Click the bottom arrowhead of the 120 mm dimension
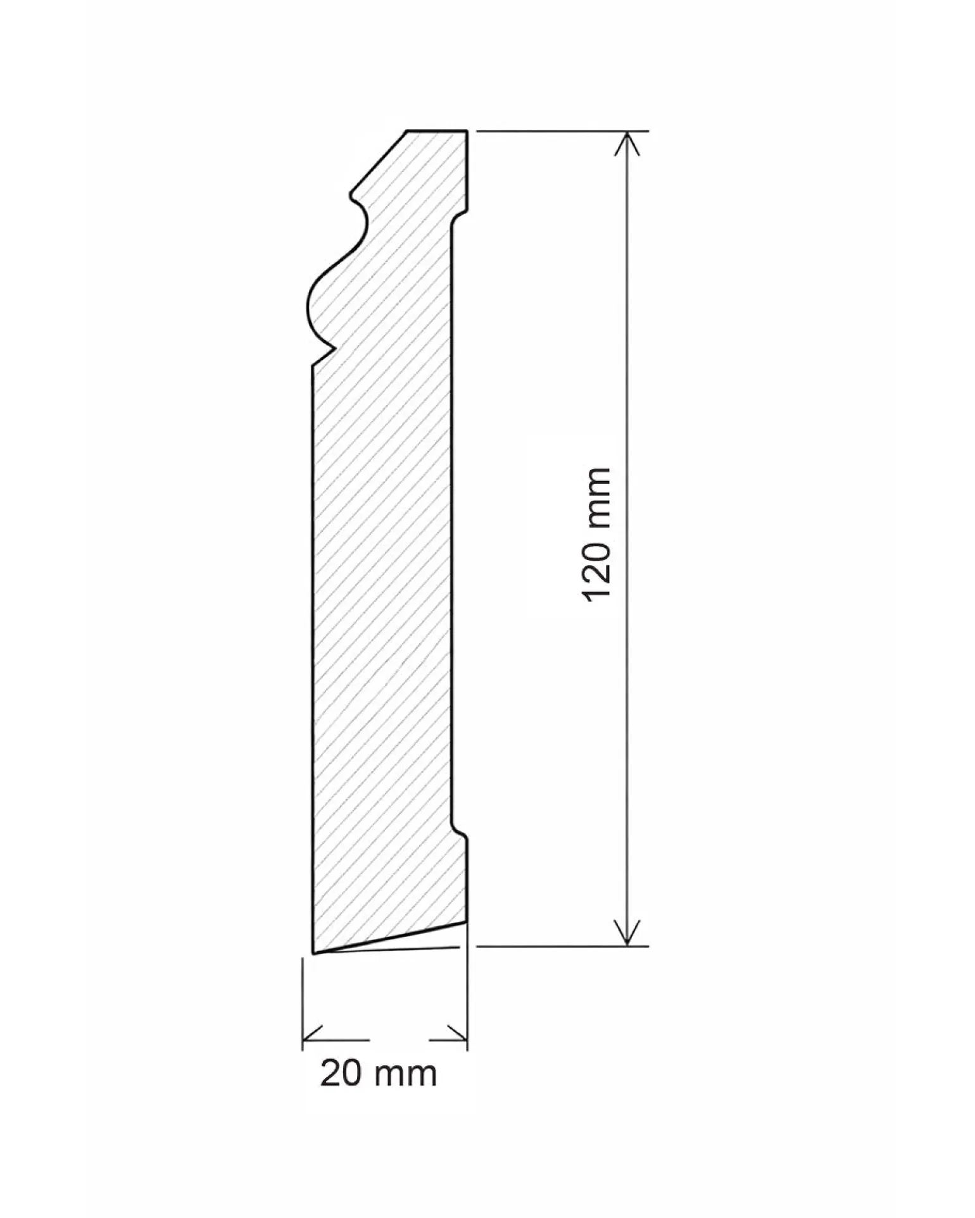click(627, 934)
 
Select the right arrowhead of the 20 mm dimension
click(456, 1040)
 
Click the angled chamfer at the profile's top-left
click(379, 161)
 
